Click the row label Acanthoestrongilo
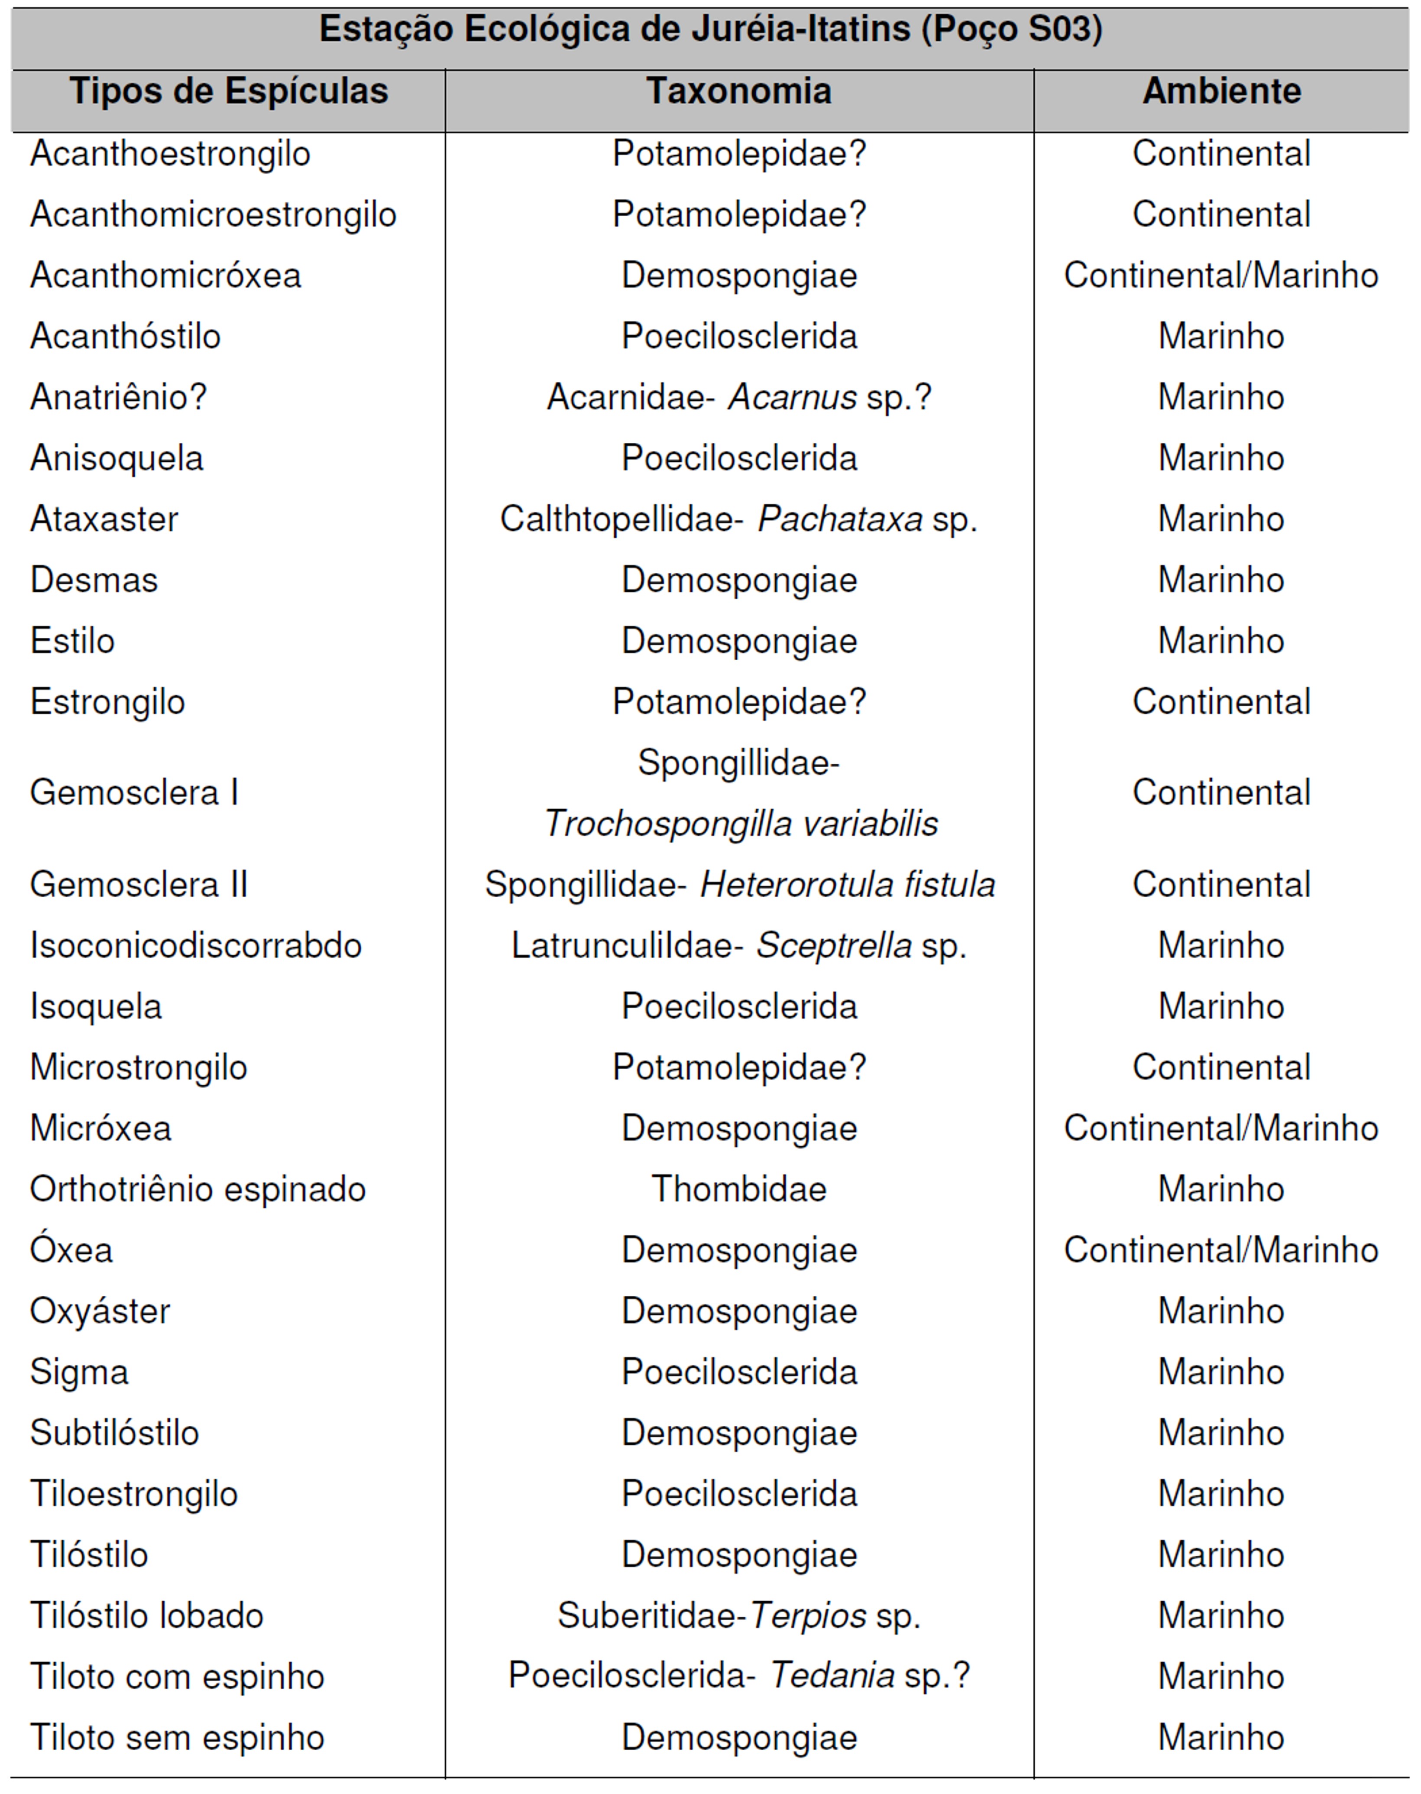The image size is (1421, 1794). coord(171,154)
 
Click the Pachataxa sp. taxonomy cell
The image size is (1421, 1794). coord(739,520)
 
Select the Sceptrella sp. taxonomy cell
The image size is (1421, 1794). coord(739,946)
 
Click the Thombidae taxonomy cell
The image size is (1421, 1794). coord(739,1190)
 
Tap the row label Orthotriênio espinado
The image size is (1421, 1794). coord(198,1190)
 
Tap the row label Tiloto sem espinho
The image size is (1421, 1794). coord(177,1738)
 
